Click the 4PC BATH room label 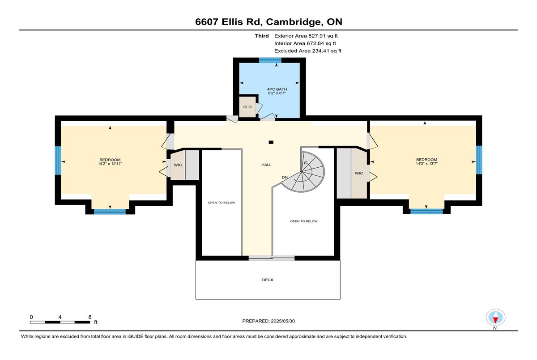point(277,89)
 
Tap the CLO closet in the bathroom point(247,107)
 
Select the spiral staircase point(303,172)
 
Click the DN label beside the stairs point(285,178)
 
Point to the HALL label point(266,165)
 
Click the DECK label point(268,280)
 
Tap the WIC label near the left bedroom point(178,165)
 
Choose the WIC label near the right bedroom point(359,173)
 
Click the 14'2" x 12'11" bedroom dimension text point(110,164)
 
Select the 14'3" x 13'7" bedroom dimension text point(426,164)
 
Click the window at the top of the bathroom point(270,60)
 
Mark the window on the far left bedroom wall point(58,160)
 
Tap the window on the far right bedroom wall point(479,160)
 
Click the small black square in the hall point(271,142)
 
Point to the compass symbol point(495,317)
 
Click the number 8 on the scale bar point(90,317)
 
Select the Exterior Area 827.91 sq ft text point(306,36)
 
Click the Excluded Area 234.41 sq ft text point(308,51)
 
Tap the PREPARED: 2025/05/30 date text point(268,321)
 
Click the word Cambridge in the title point(294,22)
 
